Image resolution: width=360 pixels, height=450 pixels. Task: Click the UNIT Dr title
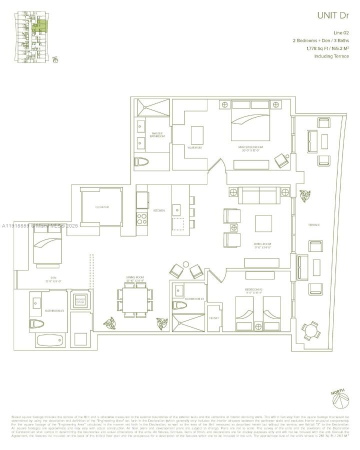[331, 15]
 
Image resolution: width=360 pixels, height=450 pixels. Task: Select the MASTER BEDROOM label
[250, 147]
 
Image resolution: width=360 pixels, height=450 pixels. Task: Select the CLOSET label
[214, 317]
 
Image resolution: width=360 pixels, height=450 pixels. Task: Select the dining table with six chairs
[134, 301]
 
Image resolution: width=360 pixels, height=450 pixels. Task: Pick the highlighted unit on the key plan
[42, 27]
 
